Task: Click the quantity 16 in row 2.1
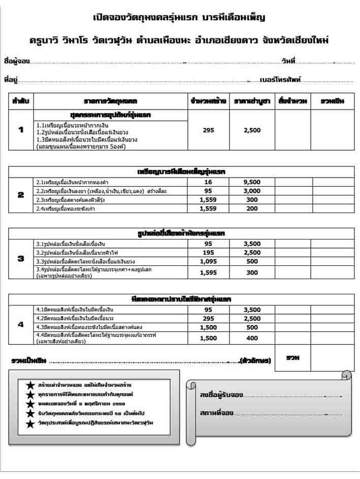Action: [x=208, y=182]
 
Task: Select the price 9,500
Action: [x=252, y=182]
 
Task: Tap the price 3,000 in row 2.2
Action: [x=252, y=191]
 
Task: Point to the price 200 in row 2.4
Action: [x=252, y=209]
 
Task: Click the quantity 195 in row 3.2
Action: [x=208, y=253]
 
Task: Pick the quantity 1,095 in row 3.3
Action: [x=208, y=261]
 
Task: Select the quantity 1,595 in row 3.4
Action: [x=208, y=272]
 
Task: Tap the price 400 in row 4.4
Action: [x=252, y=338]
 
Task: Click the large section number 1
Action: [x=21, y=130]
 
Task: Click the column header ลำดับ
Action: [x=21, y=101]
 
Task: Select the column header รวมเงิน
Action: [x=333, y=101]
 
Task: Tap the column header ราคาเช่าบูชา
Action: [x=252, y=101]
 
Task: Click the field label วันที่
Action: [x=288, y=61]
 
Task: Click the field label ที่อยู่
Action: [x=11, y=80]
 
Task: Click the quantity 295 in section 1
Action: [x=208, y=130]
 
